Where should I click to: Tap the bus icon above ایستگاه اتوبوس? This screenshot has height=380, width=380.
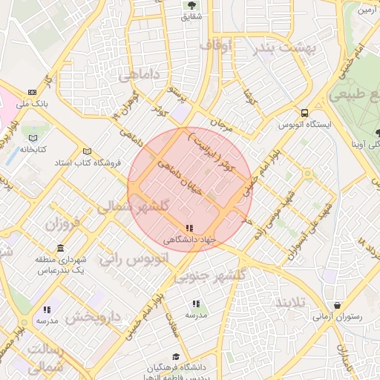click(x=304, y=113)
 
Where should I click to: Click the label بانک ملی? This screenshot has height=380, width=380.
click(x=32, y=105)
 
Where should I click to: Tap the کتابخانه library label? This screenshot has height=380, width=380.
click(x=33, y=149)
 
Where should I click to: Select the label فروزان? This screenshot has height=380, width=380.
click(x=61, y=223)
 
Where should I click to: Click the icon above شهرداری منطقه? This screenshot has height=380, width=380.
click(x=60, y=248)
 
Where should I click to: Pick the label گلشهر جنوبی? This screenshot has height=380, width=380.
click(x=203, y=276)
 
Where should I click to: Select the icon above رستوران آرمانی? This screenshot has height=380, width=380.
click(x=338, y=305)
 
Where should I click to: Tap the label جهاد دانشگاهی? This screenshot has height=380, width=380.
click(x=190, y=240)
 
